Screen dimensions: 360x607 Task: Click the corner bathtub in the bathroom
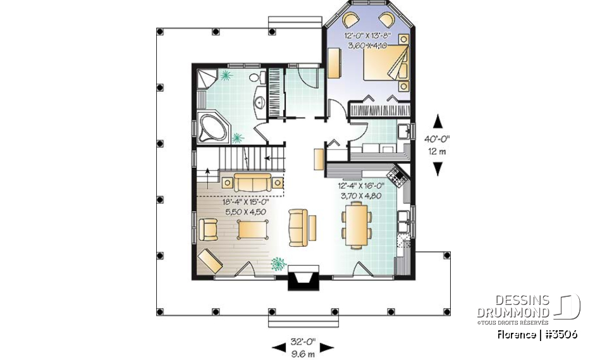pyautogui.click(x=212, y=127)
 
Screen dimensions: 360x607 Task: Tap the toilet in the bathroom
pyautogui.click(x=255, y=78)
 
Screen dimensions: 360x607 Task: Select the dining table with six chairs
pyautogui.click(x=357, y=227)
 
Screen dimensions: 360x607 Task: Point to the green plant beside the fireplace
pyautogui.click(x=277, y=264)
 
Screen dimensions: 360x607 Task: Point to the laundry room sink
pyautogui.click(x=402, y=132)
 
